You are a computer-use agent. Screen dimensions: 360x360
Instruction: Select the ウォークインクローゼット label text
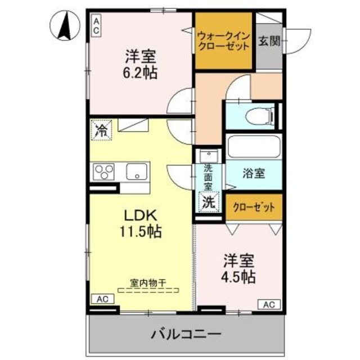coord(223,41)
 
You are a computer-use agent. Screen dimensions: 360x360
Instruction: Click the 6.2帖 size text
coord(141,73)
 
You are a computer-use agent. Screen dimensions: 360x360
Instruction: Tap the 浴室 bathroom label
coord(253,175)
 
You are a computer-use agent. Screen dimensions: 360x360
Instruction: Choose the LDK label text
coord(143,216)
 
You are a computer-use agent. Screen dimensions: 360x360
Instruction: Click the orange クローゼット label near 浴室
coord(254,207)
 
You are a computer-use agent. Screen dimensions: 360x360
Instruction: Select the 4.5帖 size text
coord(240,276)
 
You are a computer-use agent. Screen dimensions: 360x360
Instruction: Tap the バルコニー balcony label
coord(186,334)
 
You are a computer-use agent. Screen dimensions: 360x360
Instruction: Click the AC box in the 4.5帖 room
coord(268,304)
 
